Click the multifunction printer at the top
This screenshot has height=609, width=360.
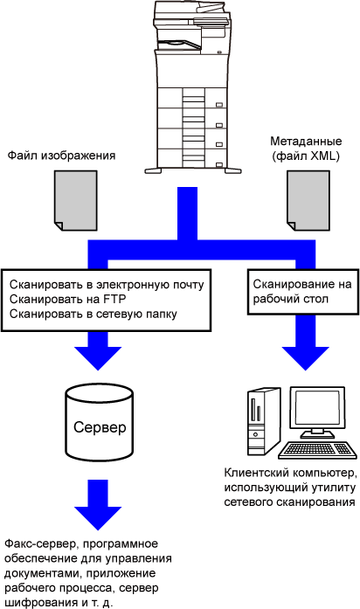point(193,87)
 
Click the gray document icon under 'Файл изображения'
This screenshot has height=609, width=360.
point(75,200)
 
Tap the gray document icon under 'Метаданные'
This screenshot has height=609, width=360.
point(308,200)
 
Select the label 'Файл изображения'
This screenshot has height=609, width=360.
point(61,156)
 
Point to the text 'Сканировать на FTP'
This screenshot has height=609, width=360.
point(67,299)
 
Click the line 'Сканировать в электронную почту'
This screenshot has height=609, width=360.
point(107,285)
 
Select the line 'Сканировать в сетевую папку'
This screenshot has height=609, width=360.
point(93,314)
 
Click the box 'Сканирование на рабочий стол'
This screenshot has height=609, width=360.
point(303,292)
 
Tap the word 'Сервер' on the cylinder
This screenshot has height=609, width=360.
point(100,427)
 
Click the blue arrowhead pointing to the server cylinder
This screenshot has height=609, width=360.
point(98,358)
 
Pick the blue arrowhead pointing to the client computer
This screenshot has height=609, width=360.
point(305,358)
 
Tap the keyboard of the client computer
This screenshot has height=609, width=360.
point(318,450)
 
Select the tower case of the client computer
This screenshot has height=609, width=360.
point(264,422)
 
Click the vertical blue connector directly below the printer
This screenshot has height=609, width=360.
point(188,213)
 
